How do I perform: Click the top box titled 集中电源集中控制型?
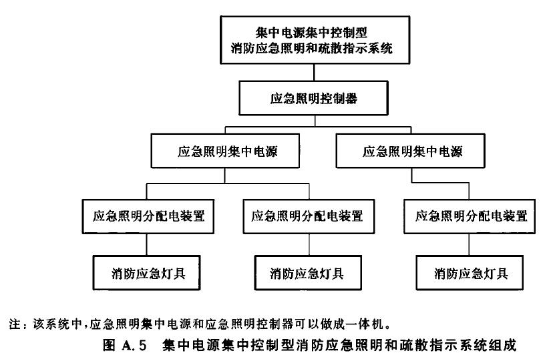click(x=315, y=40)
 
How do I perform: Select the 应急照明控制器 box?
click(x=314, y=98)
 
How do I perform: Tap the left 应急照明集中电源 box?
click(x=225, y=151)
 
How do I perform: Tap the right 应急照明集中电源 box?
click(x=410, y=151)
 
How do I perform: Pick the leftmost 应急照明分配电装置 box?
click(x=148, y=216)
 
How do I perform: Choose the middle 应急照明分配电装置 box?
click(x=309, y=216)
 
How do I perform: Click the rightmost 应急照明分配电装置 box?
click(x=470, y=216)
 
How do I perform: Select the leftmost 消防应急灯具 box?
click(x=146, y=273)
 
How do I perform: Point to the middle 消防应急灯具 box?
click(x=308, y=273)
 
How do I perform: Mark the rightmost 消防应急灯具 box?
click(x=470, y=273)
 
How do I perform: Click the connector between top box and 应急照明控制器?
click(x=314, y=73)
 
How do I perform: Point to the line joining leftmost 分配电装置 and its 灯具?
click(x=146, y=245)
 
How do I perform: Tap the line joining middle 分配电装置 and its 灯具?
click(x=309, y=245)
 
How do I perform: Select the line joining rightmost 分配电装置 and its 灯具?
click(x=470, y=245)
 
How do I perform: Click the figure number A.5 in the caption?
click(x=134, y=345)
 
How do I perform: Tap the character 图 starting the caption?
click(x=109, y=345)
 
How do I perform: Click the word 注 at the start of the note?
click(x=15, y=324)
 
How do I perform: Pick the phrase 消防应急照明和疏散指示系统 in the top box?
click(x=311, y=48)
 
